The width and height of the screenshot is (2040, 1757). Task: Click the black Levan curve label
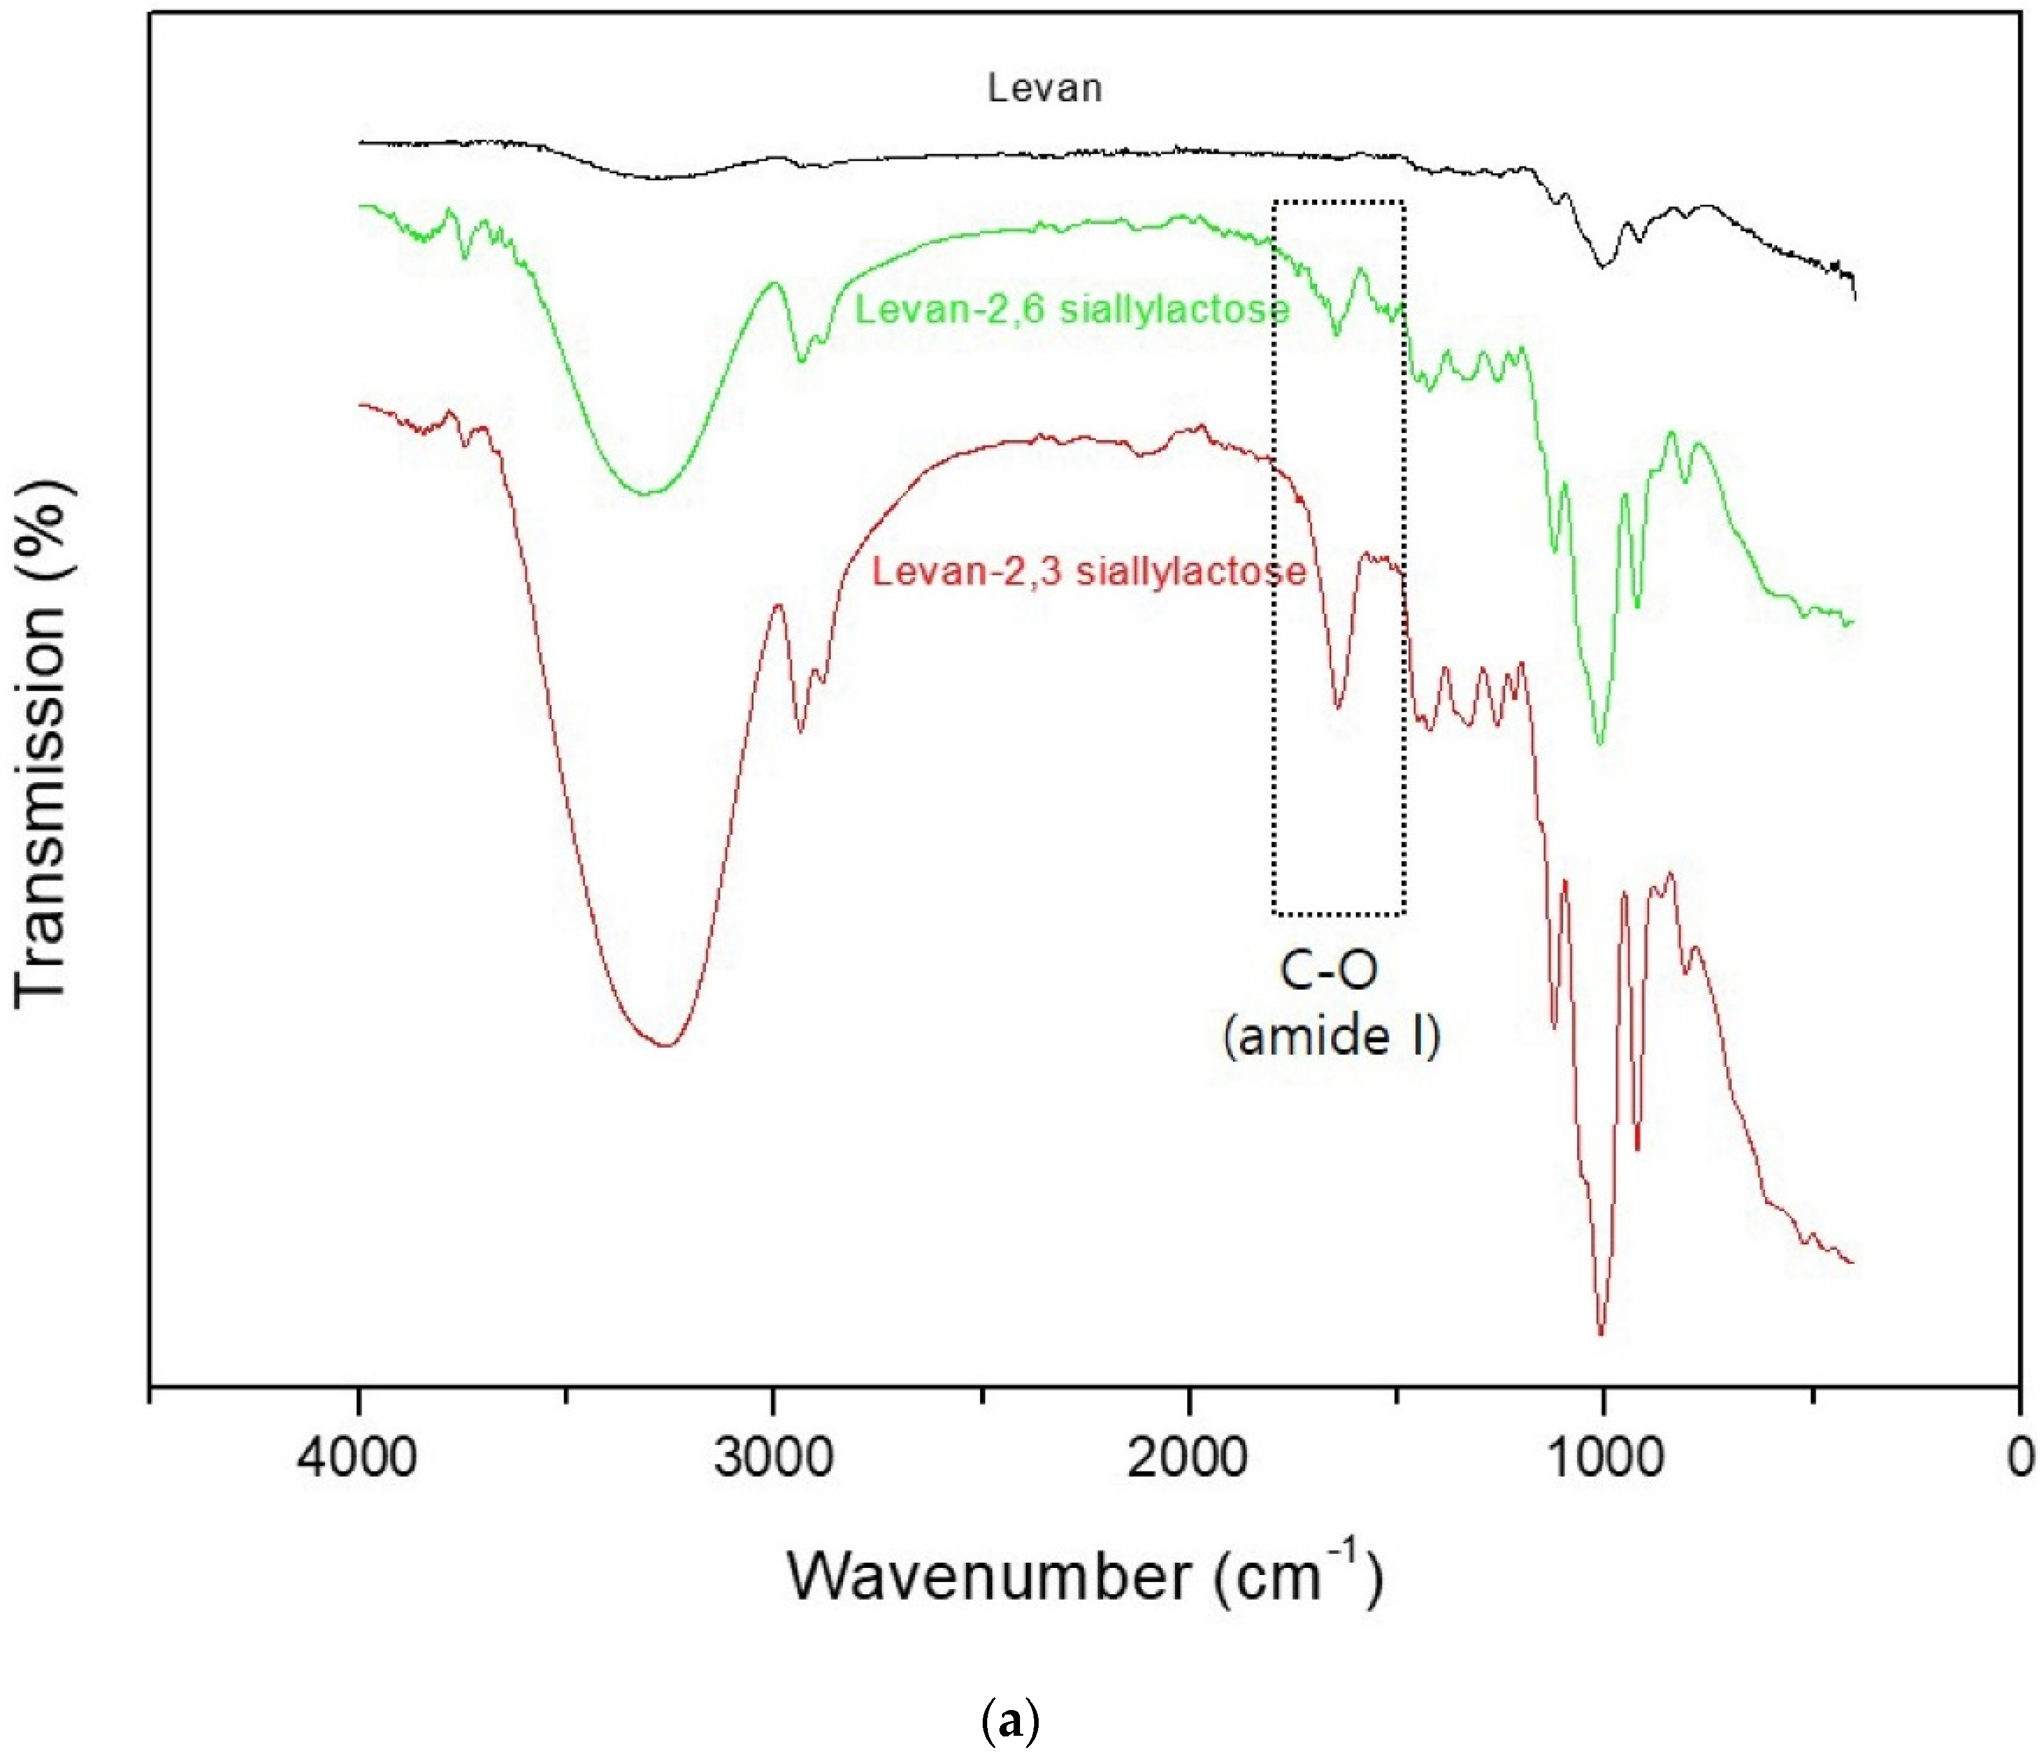coord(1044,89)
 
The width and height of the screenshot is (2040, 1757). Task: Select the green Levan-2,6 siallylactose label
coord(1071,310)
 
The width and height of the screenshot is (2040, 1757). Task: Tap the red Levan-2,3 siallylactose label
coord(1089,571)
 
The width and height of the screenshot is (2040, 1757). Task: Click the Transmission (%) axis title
coord(41,743)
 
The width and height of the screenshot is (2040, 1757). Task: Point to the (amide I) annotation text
coord(1331,1037)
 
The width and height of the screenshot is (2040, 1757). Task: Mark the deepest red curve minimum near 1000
coord(1600,1334)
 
